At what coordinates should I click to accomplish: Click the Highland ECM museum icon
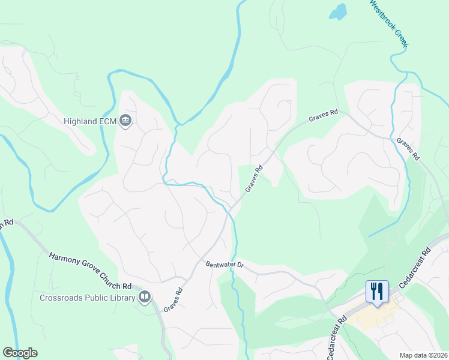point(125,121)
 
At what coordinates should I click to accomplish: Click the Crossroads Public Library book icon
point(145,297)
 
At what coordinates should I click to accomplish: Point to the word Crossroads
point(62,297)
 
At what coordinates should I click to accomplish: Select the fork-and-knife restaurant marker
point(377,292)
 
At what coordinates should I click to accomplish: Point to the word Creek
point(402,38)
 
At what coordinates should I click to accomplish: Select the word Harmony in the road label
point(64,257)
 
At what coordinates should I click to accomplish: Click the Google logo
point(20,353)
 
